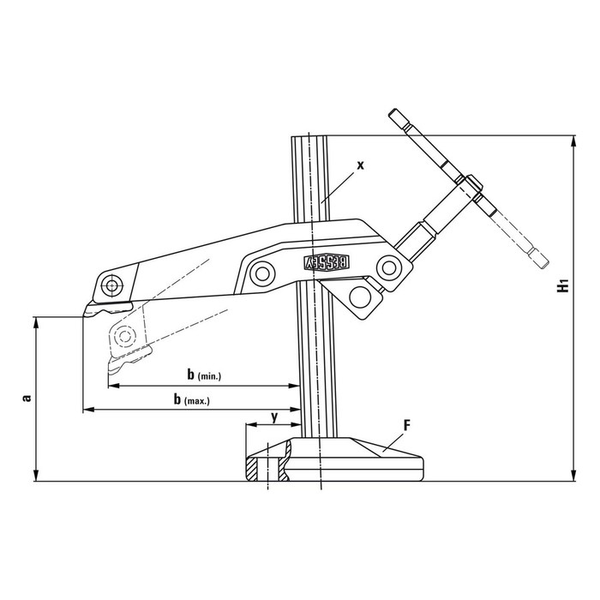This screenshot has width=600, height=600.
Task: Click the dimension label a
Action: click(27, 399)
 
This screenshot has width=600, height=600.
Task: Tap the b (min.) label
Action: click(204, 375)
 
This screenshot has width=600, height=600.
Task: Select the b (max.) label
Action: click(192, 399)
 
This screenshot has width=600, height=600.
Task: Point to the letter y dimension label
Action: click(274, 417)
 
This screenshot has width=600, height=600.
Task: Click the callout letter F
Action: click(407, 425)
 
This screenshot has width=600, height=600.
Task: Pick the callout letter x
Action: click(361, 165)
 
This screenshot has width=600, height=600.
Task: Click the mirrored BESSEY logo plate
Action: click(327, 262)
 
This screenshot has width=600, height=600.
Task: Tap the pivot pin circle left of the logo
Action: click(262, 273)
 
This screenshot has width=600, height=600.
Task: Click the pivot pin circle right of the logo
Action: click(389, 267)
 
